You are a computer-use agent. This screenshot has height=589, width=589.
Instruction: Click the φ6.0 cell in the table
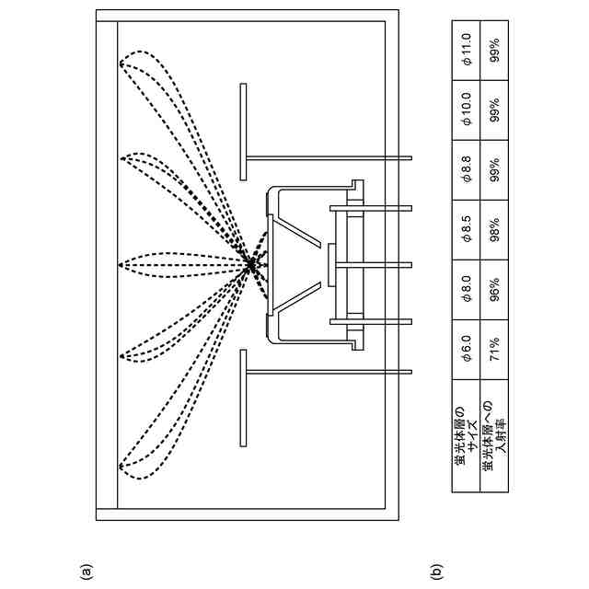(x=467, y=352)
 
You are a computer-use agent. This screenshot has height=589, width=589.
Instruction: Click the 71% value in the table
(x=494, y=352)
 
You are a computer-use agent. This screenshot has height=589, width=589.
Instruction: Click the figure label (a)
(x=86, y=572)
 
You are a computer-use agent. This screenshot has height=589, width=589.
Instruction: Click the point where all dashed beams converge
(x=251, y=265)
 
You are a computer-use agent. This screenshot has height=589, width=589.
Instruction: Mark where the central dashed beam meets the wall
(x=120, y=265)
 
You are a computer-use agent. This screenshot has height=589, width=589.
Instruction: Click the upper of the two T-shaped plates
(x=244, y=132)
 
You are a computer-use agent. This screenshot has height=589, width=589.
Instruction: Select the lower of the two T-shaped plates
(x=244, y=396)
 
